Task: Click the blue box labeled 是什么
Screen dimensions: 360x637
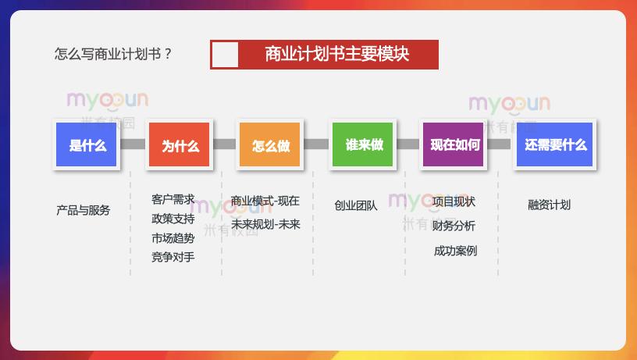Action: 87,145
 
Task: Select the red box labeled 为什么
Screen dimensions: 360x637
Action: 180,145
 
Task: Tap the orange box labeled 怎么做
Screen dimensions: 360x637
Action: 270,145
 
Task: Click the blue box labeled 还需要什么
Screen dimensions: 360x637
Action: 555,144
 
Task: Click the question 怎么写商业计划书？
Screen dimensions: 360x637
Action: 113,55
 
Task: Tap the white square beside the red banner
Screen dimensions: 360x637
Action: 225,55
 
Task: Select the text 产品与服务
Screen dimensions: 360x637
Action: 84,210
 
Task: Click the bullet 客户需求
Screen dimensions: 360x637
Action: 173,199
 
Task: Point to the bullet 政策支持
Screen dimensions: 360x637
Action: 173,218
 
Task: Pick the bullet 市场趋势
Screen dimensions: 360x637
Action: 173,237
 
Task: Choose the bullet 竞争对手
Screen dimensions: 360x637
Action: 173,256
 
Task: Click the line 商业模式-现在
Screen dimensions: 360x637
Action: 265,201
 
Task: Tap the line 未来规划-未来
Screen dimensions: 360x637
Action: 265,223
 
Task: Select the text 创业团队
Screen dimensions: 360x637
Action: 355,205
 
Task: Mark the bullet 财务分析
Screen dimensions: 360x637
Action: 454,226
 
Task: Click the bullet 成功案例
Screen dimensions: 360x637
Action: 455,251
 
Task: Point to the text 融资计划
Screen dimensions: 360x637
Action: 549,205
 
